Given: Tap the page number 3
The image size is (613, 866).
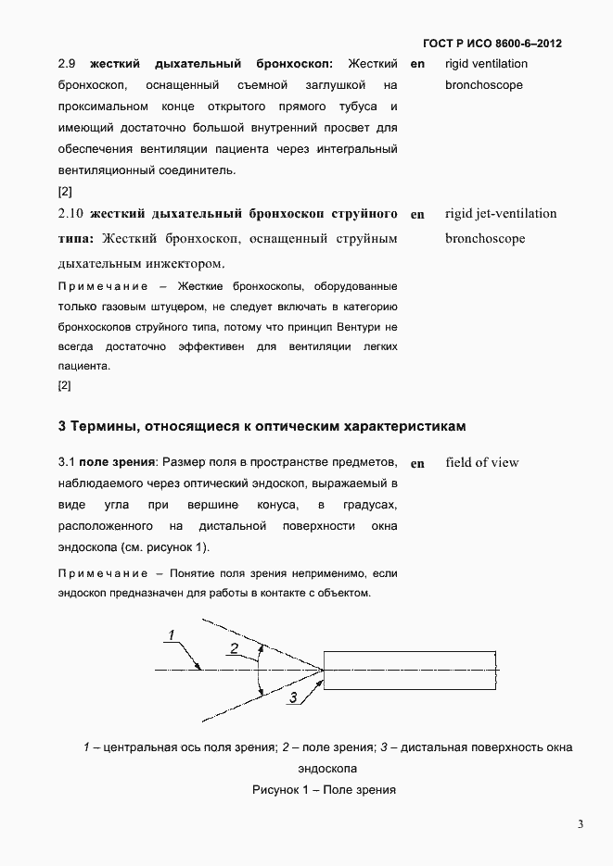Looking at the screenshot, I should coord(580,824).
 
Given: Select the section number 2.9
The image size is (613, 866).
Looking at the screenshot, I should coord(66,64).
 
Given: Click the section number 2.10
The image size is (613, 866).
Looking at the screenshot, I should coord(70,214).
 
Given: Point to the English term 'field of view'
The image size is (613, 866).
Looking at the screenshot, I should coord(481,462).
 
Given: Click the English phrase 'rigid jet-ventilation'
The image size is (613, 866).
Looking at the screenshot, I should coord(501,214).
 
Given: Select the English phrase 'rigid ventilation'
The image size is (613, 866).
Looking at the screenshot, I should coord(486,64).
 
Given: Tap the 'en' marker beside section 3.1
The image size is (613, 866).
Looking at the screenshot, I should coord(417,463).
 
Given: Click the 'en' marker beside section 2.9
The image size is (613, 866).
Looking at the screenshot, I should coord(417,64).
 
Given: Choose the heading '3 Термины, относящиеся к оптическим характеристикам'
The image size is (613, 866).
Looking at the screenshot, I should coord(262,427).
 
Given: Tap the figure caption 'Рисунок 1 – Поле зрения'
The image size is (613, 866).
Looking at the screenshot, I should coord(324,790).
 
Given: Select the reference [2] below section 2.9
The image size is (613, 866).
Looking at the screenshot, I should coord(65,192).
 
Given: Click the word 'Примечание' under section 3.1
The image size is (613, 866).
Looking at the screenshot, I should coord(96,574).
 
